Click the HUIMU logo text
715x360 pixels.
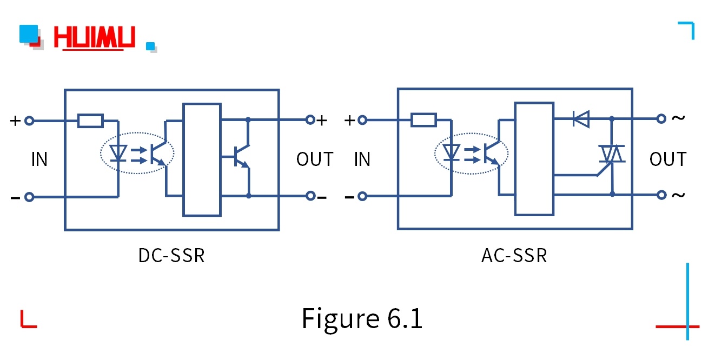click(x=94, y=38)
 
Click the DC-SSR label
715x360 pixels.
click(x=171, y=255)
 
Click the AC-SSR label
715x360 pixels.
click(x=514, y=255)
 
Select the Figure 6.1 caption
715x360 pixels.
click(x=362, y=318)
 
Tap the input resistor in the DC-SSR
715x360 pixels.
click(x=90, y=121)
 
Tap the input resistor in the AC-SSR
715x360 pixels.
click(x=423, y=119)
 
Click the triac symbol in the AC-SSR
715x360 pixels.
click(x=612, y=155)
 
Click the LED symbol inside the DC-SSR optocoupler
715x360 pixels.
click(x=117, y=153)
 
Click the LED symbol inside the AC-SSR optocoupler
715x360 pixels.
click(x=451, y=152)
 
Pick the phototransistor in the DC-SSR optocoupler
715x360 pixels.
click(x=158, y=153)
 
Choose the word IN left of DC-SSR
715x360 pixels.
click(x=39, y=159)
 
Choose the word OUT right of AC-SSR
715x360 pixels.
click(x=667, y=159)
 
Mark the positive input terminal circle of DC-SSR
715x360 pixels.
click(x=30, y=121)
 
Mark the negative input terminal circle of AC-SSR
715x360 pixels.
click(x=363, y=196)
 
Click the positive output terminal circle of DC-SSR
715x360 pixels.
click(x=310, y=120)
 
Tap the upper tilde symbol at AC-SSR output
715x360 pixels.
click(x=678, y=118)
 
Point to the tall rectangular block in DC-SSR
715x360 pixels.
click(x=202, y=159)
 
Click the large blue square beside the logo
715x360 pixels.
click(x=29, y=34)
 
